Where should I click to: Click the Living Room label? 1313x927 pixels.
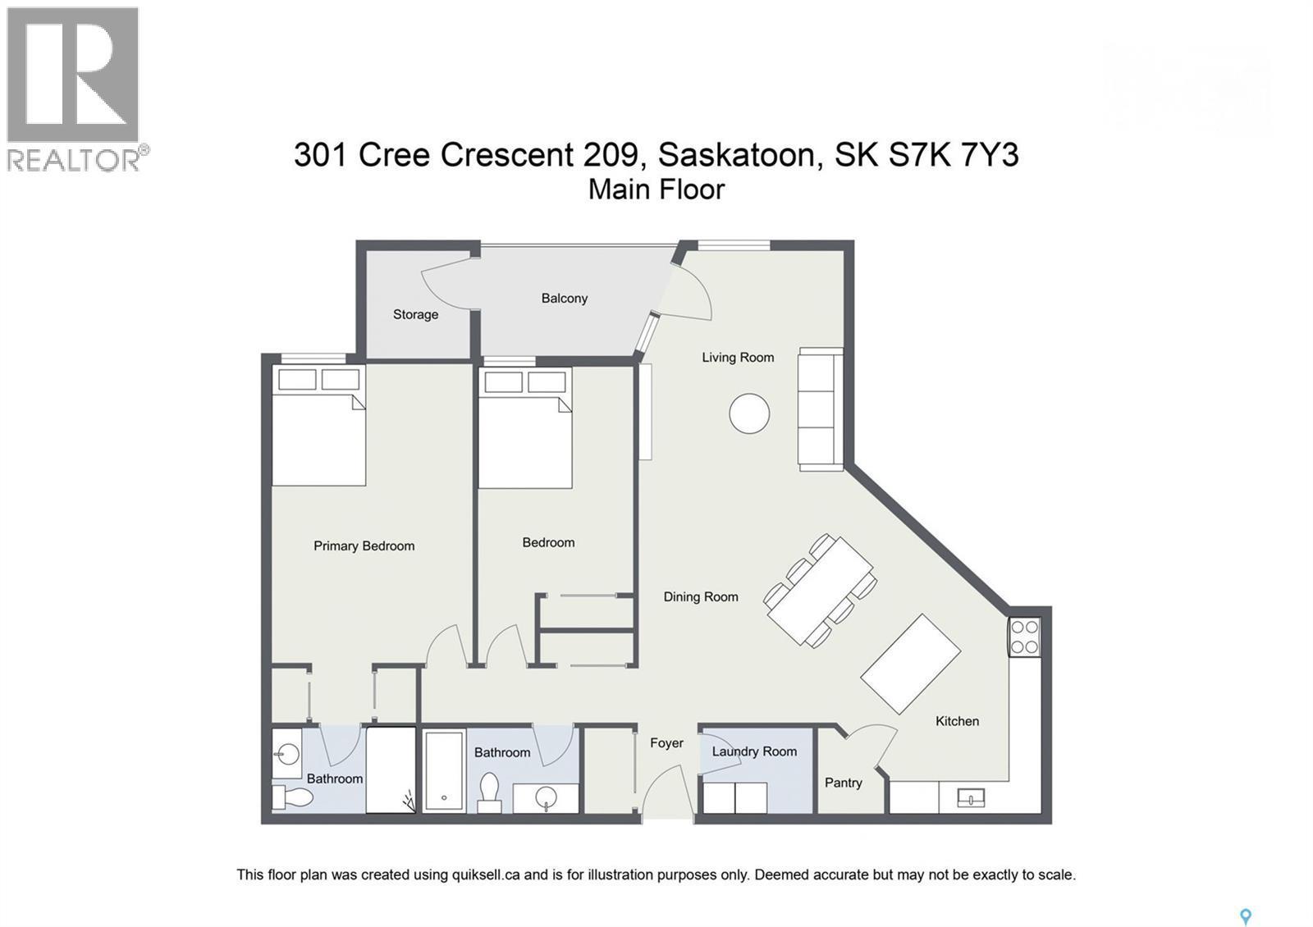point(738,358)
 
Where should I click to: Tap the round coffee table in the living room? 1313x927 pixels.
point(749,413)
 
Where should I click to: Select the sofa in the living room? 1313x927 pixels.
point(821,409)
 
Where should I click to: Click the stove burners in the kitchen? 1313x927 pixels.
point(1025,637)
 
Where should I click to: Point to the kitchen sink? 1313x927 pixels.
point(971,797)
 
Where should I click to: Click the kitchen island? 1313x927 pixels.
point(910,664)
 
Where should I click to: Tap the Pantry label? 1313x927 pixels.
point(843,783)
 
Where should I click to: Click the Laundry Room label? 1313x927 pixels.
point(754,751)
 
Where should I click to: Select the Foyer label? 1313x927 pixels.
point(666,743)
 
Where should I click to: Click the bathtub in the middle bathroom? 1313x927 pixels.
point(444,770)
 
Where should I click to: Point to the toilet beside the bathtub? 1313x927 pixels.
point(490,791)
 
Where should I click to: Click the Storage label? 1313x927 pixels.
point(415,314)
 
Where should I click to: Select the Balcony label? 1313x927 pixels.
point(565,299)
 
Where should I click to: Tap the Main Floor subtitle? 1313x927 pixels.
point(656,190)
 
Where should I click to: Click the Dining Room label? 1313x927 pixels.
point(701,597)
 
